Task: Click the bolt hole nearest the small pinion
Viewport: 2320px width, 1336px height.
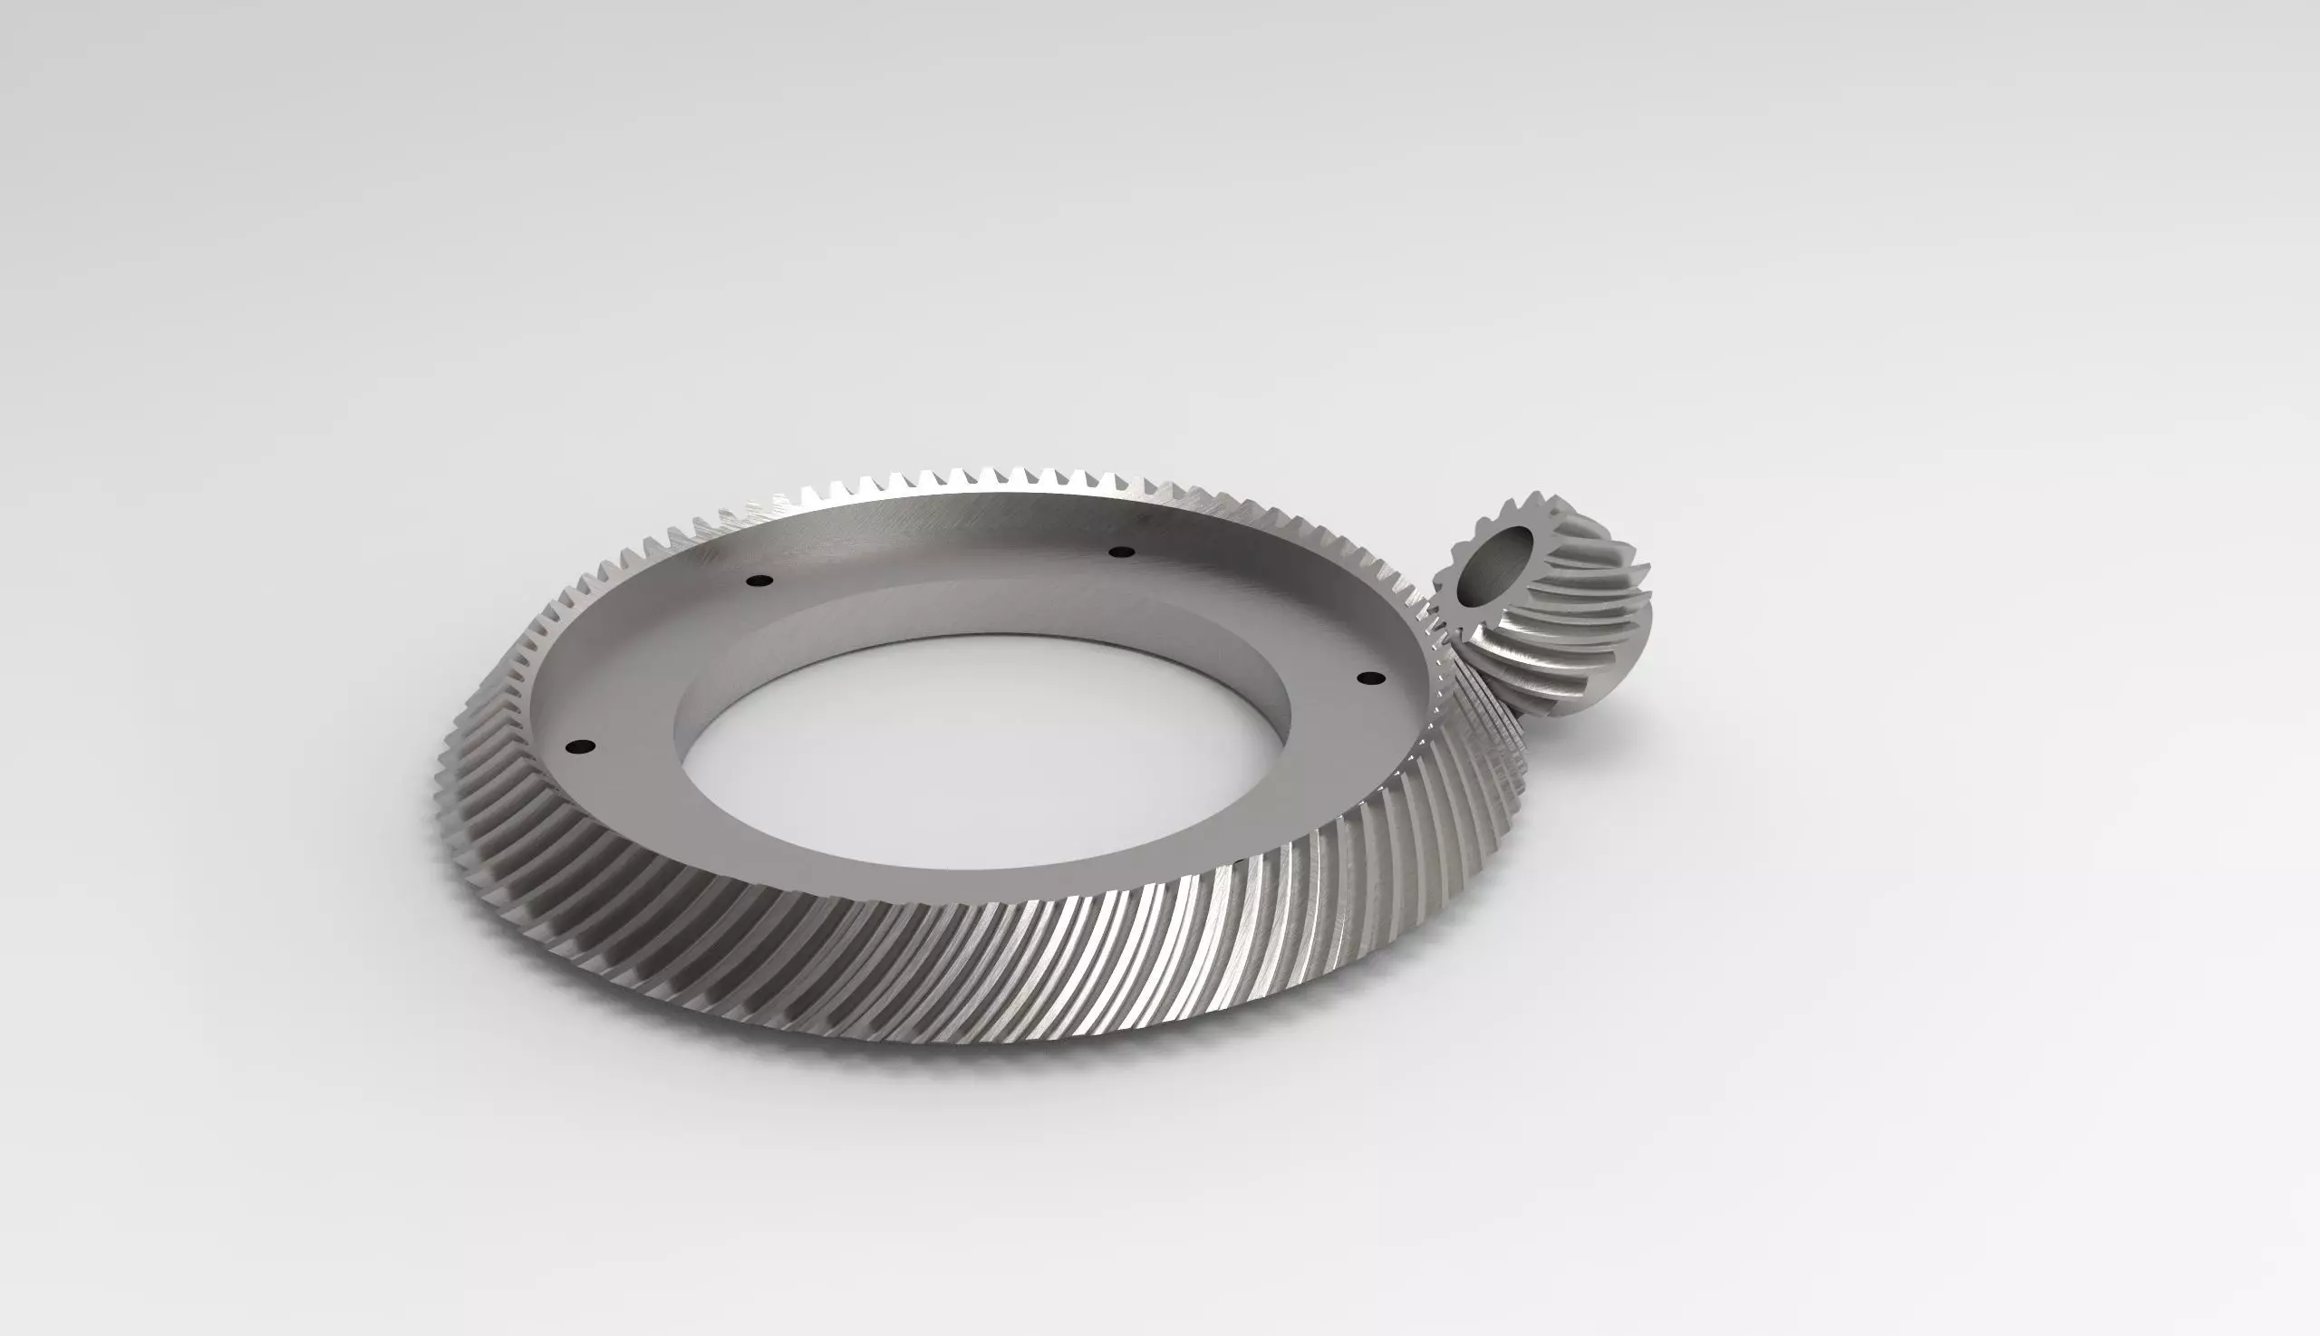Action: (1369, 678)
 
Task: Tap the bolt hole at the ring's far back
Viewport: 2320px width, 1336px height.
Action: (1121, 552)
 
